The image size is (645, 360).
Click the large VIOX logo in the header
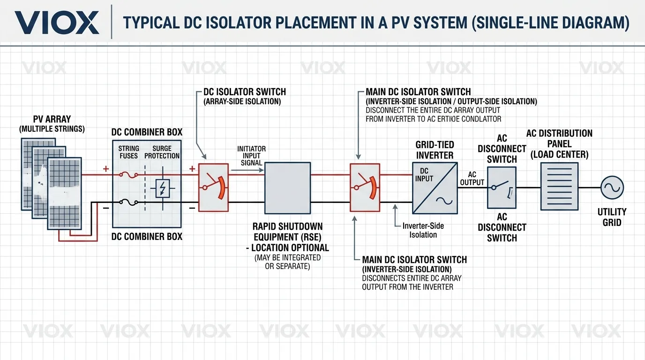coord(57,22)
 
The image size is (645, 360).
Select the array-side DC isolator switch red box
coord(213,188)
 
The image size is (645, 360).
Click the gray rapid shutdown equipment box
coord(287,188)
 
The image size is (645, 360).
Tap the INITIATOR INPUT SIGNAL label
coord(251,156)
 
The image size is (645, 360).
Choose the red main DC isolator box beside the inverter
coord(365,188)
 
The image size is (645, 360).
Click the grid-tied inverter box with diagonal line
coord(435,188)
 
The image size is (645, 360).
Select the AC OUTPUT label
coord(472,178)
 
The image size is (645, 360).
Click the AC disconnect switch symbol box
coord(502,188)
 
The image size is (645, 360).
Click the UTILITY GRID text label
coord(612,217)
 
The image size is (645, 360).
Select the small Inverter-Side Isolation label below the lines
coord(423,230)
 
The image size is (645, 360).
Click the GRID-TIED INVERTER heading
coord(435,150)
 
